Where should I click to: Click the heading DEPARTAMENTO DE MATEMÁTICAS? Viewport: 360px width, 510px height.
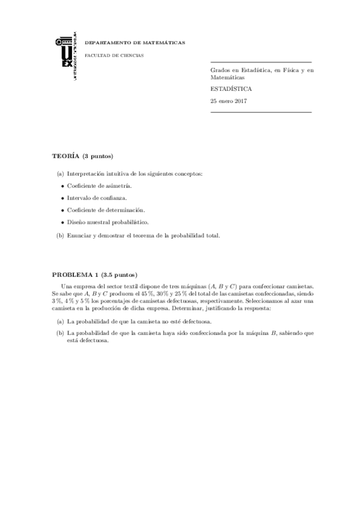click(x=135, y=43)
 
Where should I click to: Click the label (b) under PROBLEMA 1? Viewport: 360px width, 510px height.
click(x=60, y=332)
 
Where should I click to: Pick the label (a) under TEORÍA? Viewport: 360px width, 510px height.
click(x=60, y=174)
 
